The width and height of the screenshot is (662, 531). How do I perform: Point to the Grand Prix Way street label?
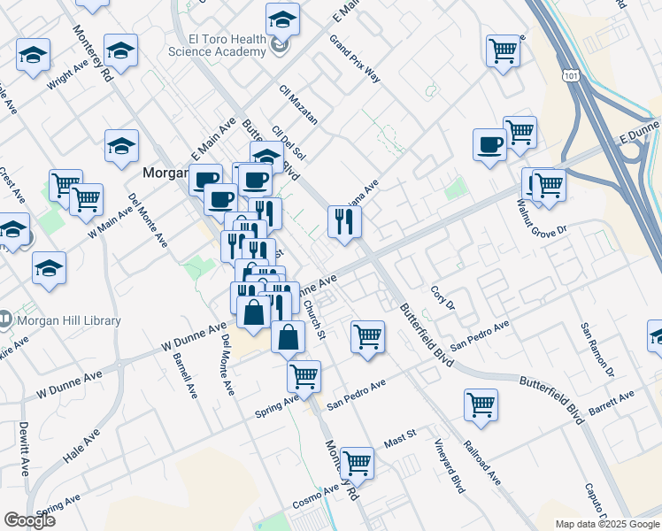[354, 59]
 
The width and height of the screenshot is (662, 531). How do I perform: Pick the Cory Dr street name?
[442, 297]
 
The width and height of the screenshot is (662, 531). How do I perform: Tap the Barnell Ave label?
[187, 374]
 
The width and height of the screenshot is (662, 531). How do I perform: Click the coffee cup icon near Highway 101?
[489, 145]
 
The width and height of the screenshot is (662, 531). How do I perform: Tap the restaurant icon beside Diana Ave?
[343, 221]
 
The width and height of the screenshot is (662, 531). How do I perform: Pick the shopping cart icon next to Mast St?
[357, 462]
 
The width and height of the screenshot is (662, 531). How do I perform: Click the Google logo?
[29, 520]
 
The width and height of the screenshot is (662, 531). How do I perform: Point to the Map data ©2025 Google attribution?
[606, 524]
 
